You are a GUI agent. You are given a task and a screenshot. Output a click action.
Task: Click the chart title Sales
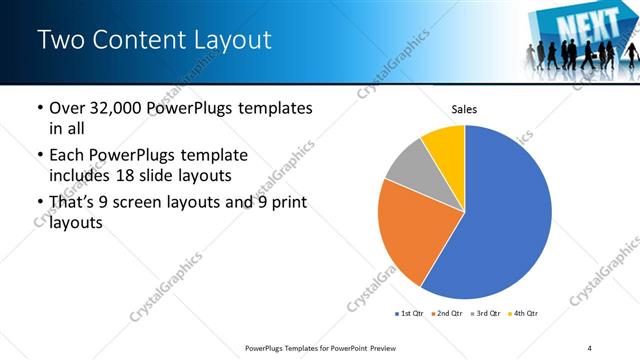click(x=464, y=108)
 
